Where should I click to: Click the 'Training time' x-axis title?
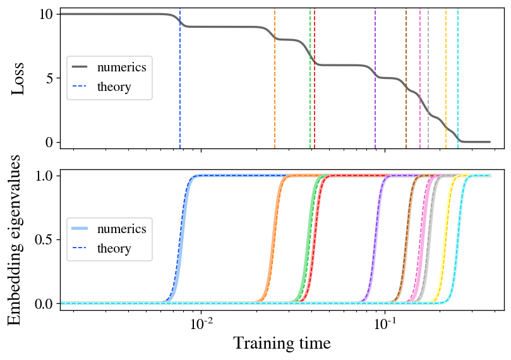[x=282, y=344]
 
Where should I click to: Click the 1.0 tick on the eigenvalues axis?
[x=44, y=175]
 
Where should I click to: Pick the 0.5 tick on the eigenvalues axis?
[x=44, y=239]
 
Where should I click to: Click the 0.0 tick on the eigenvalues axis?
[x=44, y=304]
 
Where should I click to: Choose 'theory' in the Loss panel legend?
[x=114, y=87]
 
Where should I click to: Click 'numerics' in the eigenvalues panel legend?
[x=122, y=229]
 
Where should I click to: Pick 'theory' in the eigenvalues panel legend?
[x=114, y=249]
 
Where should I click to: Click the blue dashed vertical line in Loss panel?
[x=180, y=101]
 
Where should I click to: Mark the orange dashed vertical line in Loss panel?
[x=275, y=101]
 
